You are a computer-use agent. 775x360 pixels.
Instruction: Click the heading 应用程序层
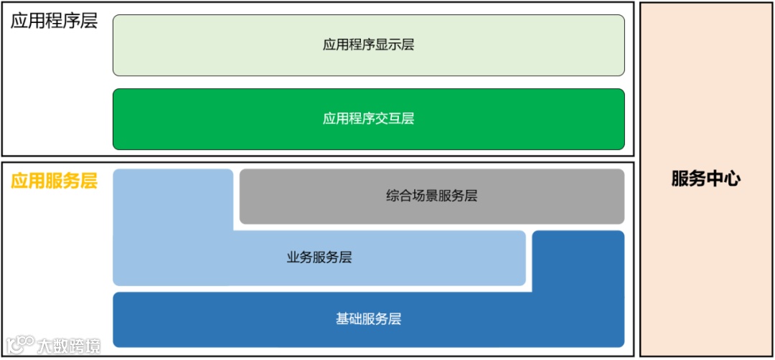(54, 21)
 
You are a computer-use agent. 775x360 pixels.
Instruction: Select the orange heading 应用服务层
(54, 181)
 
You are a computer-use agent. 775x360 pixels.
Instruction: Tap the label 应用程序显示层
(368, 45)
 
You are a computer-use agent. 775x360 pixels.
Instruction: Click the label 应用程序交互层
(368, 119)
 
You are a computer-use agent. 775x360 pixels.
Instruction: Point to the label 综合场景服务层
(431, 196)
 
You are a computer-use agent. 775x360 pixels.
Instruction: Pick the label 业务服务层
(319, 257)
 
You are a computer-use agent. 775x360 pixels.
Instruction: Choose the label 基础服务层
(368, 319)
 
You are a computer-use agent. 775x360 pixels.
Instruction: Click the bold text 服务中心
(706, 179)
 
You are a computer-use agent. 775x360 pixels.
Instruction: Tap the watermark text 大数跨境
(69, 346)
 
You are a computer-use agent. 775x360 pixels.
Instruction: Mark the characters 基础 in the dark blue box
(347, 319)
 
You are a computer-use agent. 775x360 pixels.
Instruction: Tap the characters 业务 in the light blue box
(298, 257)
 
